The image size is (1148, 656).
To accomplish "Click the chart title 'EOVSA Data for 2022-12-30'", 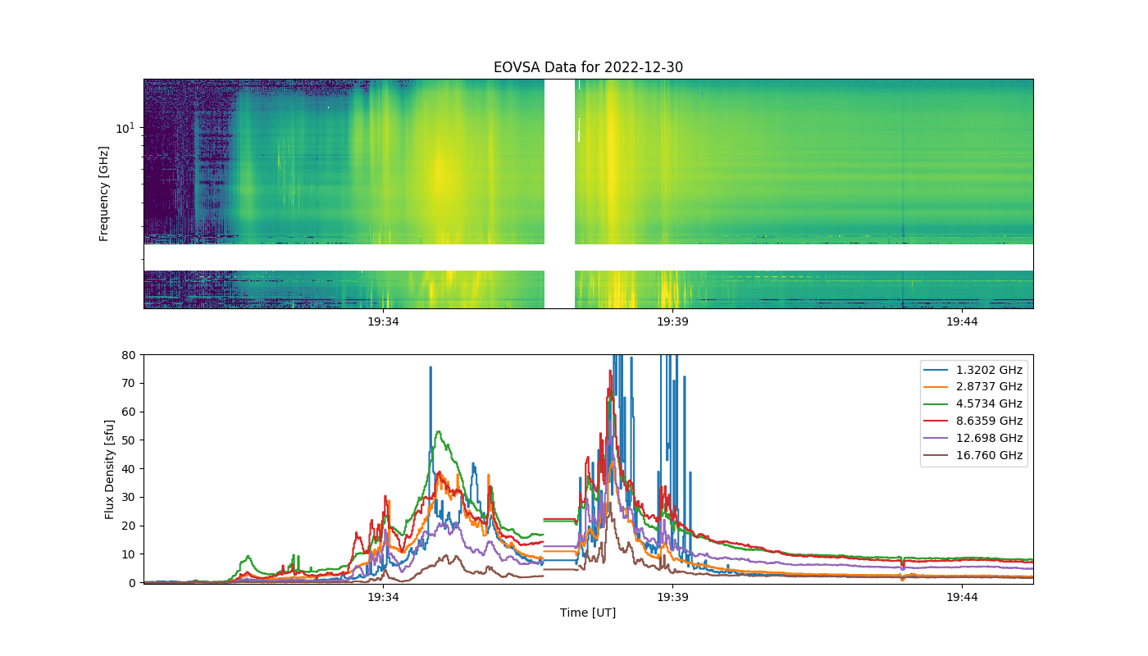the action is click(x=588, y=67).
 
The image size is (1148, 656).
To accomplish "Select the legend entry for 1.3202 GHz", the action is click(x=973, y=370).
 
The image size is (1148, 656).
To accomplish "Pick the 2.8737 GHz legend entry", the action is click(x=973, y=387).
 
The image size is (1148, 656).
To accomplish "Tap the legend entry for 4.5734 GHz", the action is click(x=973, y=403).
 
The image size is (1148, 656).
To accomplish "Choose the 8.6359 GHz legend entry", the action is click(x=973, y=421).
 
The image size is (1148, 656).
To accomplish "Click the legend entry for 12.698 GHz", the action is click(x=973, y=438).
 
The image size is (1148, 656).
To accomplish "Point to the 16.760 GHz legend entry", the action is click(x=973, y=455).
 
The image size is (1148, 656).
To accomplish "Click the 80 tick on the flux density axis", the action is click(x=129, y=355).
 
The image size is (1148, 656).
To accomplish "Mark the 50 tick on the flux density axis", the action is click(x=129, y=440).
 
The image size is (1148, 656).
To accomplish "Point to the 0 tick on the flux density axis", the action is click(x=132, y=583).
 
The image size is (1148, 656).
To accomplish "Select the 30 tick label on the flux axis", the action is click(x=129, y=497).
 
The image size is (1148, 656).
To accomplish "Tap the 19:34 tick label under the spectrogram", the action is click(x=383, y=321).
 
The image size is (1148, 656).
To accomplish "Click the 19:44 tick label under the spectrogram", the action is click(x=962, y=321).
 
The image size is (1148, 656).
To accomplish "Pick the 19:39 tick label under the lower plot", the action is click(x=672, y=597).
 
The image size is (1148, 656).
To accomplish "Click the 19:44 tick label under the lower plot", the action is click(x=962, y=597).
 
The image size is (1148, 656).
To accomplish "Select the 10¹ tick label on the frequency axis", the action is click(x=125, y=128).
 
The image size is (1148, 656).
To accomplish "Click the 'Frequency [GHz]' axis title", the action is click(x=103, y=194).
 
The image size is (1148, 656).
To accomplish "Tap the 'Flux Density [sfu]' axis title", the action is click(x=109, y=469).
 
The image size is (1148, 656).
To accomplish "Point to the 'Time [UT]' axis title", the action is click(x=588, y=613).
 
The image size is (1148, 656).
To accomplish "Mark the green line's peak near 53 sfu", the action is click(x=438, y=431).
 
